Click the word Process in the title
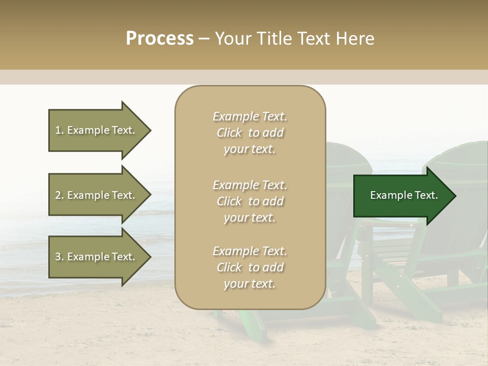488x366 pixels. [x=160, y=39]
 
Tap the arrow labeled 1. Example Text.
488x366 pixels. [x=97, y=130]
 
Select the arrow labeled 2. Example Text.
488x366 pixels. [x=97, y=195]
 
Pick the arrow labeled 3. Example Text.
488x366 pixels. [x=97, y=257]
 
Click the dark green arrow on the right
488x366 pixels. [x=402, y=195]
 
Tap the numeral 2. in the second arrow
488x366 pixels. [x=59, y=195]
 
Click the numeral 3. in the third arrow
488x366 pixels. [x=59, y=257]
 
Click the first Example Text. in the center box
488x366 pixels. [x=250, y=116]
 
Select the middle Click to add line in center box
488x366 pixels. [x=250, y=201]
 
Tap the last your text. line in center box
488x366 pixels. [x=250, y=284]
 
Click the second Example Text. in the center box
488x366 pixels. [x=250, y=185]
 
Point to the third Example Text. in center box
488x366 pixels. [x=250, y=251]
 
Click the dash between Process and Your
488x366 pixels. [x=204, y=39]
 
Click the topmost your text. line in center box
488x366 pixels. [x=250, y=149]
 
